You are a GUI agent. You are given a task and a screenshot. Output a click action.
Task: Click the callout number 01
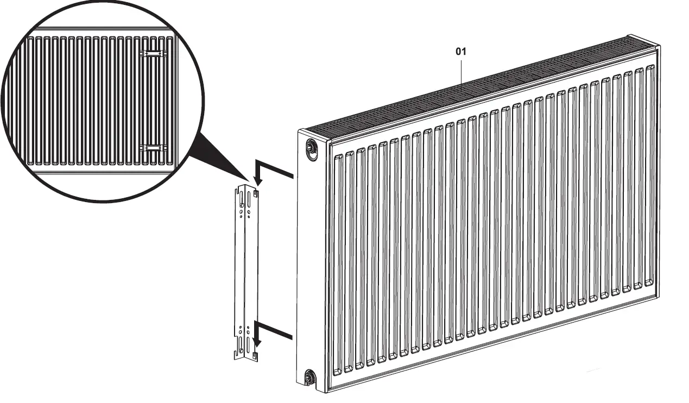coord(460,52)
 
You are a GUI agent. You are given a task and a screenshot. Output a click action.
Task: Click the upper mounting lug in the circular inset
coord(154,53)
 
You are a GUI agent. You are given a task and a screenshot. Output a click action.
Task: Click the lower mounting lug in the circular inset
coord(154,147)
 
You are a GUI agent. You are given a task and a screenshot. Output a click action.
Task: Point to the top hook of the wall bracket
coord(256,192)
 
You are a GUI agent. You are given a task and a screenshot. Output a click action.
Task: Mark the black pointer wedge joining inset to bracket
coord(217,158)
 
